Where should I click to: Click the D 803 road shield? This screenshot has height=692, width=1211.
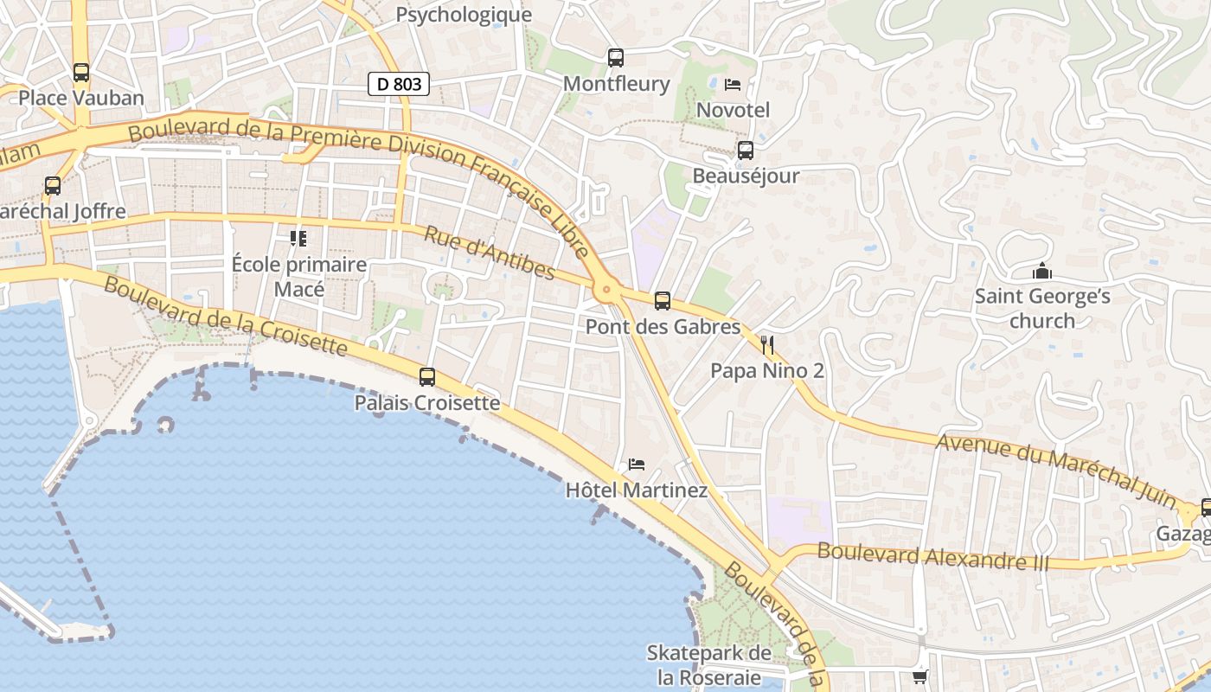pos(399,84)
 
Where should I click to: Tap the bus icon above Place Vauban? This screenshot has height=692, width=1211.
pos(81,73)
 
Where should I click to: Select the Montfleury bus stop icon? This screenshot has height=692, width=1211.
pos(616,58)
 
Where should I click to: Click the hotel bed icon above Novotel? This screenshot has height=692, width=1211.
pos(733,85)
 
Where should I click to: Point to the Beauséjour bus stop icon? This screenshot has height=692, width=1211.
pos(746,151)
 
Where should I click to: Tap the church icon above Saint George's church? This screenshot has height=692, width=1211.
pos(1042,272)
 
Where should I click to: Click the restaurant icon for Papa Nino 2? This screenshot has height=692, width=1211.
pos(767,346)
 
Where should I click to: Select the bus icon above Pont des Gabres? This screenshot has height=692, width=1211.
pos(663,301)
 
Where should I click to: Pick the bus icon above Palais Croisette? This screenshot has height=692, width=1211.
pos(427,377)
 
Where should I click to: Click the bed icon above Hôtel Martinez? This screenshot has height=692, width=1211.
pos(637,465)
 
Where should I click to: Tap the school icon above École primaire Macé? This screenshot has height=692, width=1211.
pos(298,238)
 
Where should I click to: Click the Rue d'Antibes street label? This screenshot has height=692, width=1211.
pos(490,253)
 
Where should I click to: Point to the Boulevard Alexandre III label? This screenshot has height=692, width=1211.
pos(932,556)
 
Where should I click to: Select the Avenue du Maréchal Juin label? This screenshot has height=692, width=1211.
pos(1057,471)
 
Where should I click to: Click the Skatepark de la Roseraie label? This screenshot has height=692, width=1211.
pos(709,664)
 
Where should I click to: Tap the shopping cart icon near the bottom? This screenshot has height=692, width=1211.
pos(920,676)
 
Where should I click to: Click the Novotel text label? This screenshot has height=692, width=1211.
pos(733,110)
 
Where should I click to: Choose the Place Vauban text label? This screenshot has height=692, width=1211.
pos(81,98)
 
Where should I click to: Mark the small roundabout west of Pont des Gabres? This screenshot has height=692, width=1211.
pos(606,290)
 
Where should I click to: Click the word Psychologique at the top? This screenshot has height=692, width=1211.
pos(464,15)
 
